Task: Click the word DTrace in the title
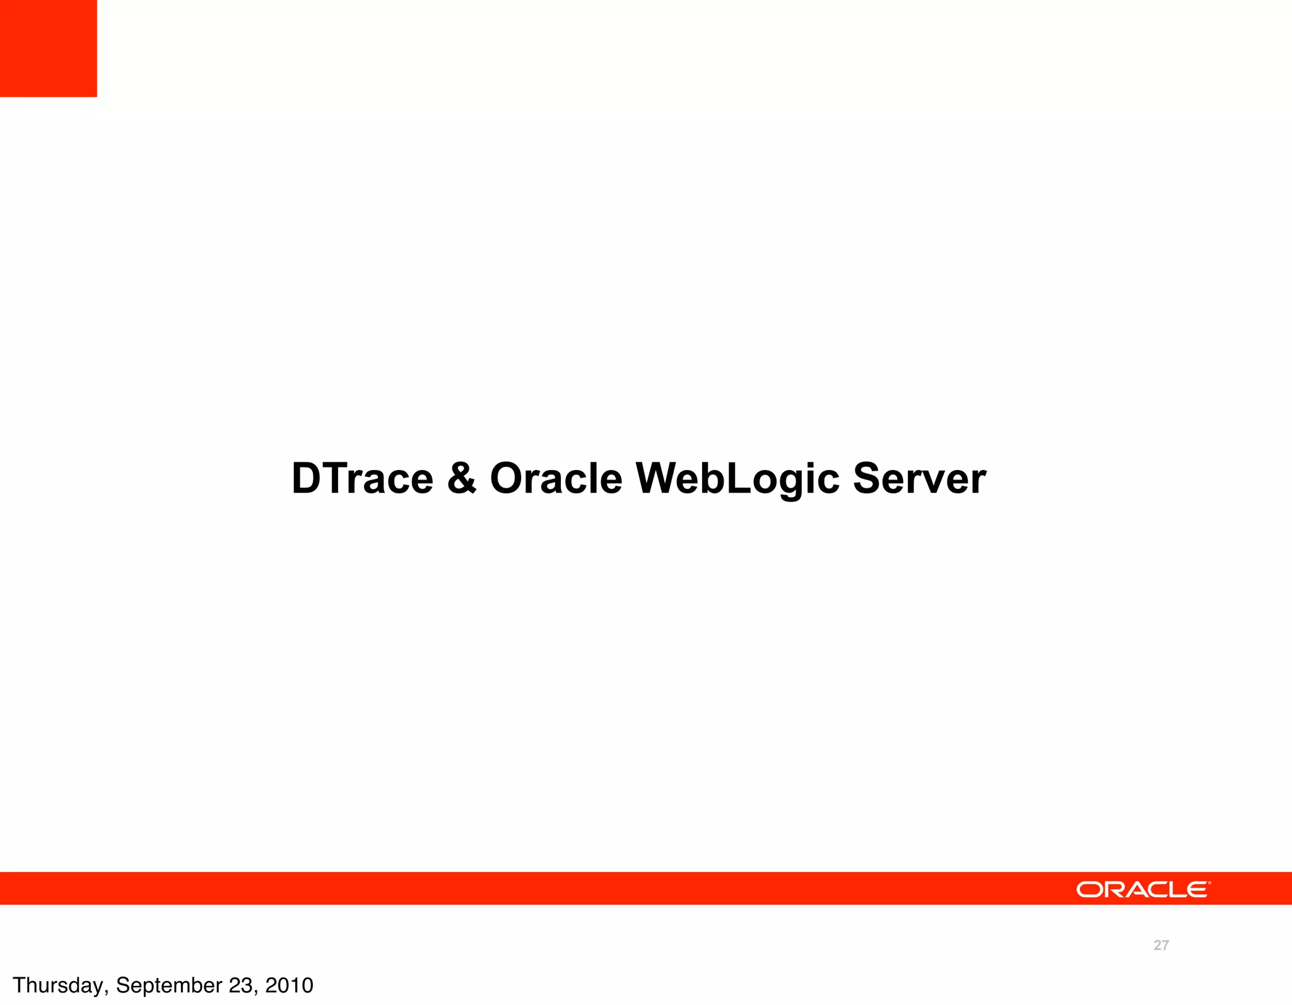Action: coord(362,478)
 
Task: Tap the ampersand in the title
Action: coord(462,478)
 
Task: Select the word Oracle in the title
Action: coord(556,478)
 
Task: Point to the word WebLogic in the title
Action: coord(737,478)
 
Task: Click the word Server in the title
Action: coord(919,478)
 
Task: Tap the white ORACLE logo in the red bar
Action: coord(1142,890)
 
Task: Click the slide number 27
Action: coord(1161,945)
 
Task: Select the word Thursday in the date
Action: coord(58,985)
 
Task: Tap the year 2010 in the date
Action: coord(289,985)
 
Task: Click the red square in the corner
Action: coord(48,48)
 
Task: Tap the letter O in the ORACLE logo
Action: coord(1088,890)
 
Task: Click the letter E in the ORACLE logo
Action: coord(1197,890)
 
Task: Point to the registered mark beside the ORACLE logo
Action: coord(1209,883)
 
